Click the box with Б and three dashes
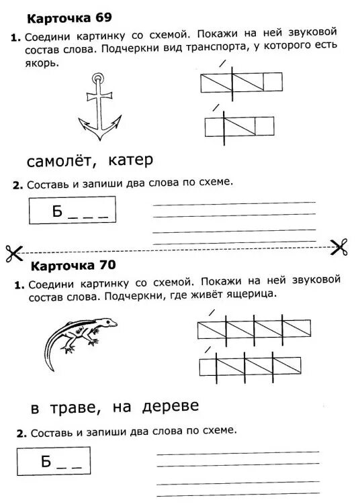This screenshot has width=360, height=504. [73, 211]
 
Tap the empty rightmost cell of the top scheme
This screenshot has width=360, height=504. [273, 82]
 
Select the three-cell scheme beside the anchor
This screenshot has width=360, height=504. [240, 125]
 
